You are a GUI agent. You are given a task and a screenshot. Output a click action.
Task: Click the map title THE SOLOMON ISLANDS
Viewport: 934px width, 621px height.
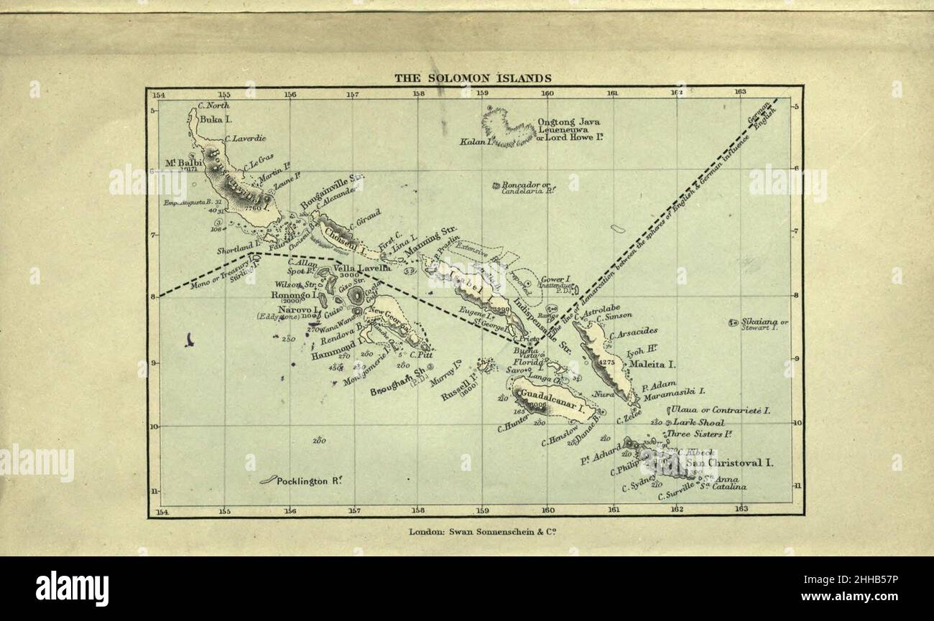tap(472, 78)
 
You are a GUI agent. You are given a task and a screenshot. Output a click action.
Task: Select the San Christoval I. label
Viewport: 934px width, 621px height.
tap(729, 463)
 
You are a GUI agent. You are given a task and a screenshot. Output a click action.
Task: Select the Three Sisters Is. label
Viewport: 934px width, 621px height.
tap(698, 434)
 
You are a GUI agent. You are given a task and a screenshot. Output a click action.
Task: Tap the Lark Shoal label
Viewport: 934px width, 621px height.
tap(698, 423)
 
